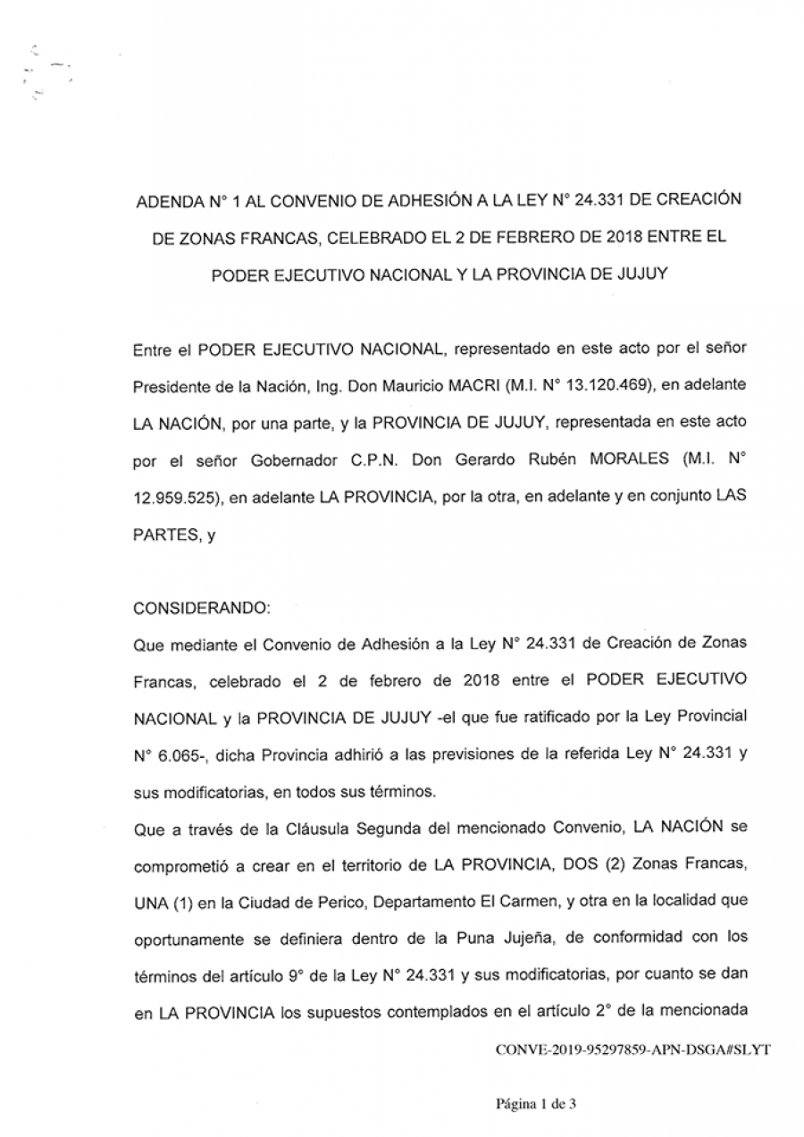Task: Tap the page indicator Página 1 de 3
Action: pos(536,1105)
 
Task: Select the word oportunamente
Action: pos(186,937)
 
